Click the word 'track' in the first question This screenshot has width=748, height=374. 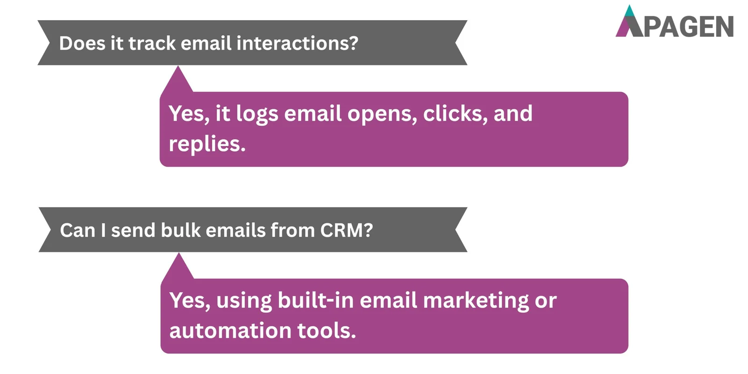pos(152,43)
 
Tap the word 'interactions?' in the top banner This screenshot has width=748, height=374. pos(297,43)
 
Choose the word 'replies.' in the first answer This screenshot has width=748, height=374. pos(207,144)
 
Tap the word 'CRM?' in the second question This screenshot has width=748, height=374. pos(346,230)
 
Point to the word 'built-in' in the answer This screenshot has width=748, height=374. pos(316,300)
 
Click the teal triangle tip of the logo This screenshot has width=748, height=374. pos(630,11)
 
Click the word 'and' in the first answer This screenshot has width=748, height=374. pos(513,114)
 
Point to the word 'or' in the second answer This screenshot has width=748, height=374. pos(546,301)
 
